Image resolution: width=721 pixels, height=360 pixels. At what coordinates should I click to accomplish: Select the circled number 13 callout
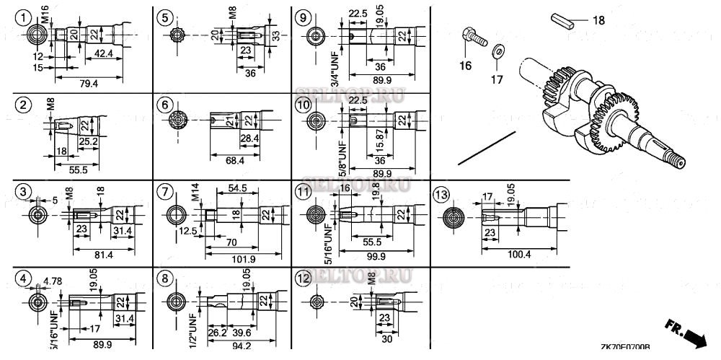pyautogui.click(x=441, y=193)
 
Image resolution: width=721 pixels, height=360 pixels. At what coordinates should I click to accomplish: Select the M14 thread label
pyautogui.click(x=195, y=194)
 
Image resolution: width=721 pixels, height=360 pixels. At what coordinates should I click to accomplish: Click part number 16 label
pyautogui.click(x=466, y=65)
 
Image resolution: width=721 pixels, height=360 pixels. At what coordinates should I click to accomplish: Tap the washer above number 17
pyautogui.click(x=497, y=52)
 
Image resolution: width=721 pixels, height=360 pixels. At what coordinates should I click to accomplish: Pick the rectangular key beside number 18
pyautogui.click(x=564, y=19)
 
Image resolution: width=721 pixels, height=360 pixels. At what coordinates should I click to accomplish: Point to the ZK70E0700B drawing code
pyautogui.click(x=624, y=347)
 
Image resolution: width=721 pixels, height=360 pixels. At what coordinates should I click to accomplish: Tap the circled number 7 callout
pyautogui.click(x=165, y=193)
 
